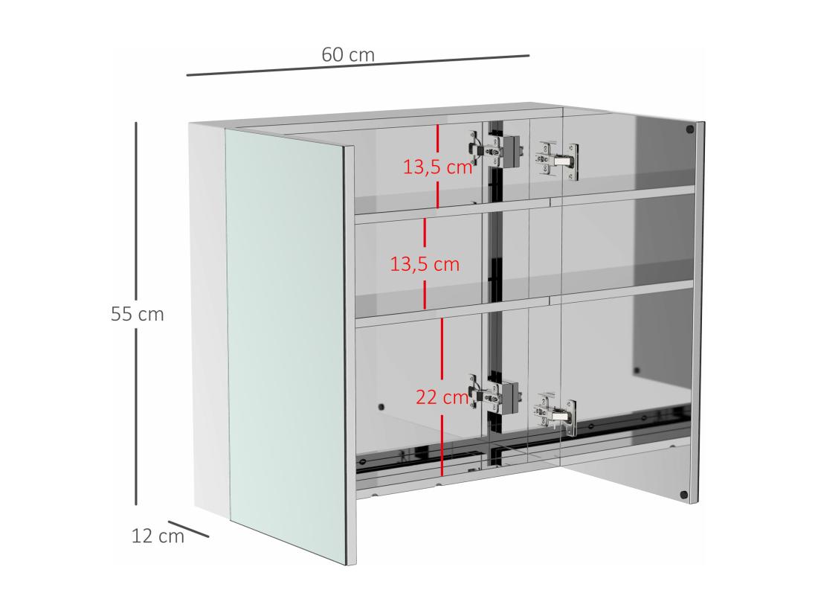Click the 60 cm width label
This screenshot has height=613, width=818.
(348, 54)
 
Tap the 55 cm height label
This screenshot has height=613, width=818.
(137, 314)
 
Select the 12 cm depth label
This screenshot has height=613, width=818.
(158, 536)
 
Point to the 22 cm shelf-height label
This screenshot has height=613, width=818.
(442, 397)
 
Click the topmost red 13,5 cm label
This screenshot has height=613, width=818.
(438, 167)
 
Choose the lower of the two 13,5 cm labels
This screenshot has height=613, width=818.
(425, 263)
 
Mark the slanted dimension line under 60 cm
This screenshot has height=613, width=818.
(358, 65)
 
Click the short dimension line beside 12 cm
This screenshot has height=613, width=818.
(189, 528)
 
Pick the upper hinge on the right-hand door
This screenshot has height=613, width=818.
(558, 159)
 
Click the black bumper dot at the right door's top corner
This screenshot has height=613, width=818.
(689, 129)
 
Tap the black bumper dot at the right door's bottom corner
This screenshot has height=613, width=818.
(684, 494)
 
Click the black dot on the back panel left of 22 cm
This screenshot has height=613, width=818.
(382, 407)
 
